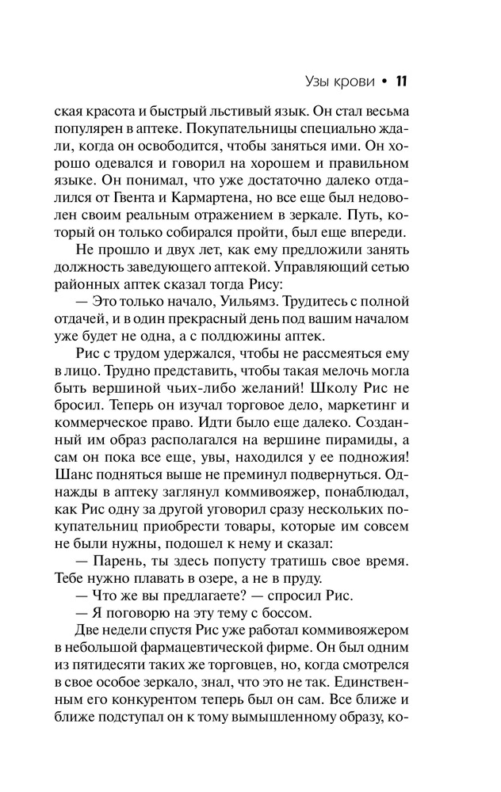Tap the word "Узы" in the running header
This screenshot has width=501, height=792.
coord(319,82)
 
